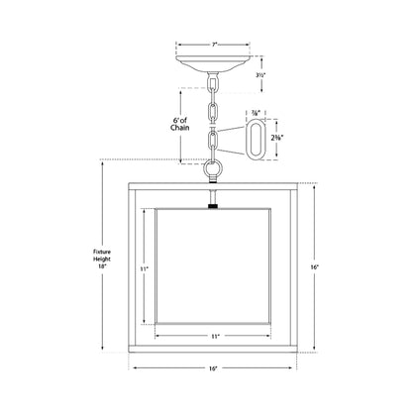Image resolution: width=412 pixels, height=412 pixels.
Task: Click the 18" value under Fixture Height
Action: pyautogui.click(x=88, y=266)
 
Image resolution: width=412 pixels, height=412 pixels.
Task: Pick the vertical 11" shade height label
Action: pyautogui.click(x=143, y=268)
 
